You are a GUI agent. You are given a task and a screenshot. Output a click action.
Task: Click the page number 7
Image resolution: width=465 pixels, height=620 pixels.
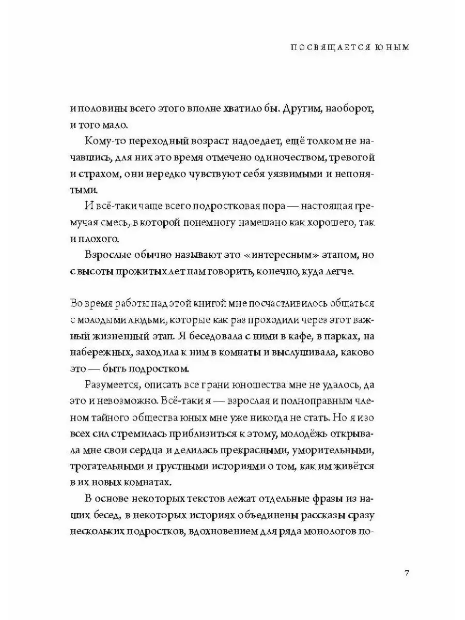click(x=407, y=574)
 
